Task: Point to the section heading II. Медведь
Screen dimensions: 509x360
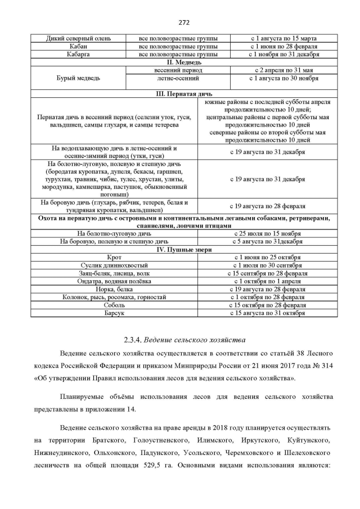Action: (180, 62)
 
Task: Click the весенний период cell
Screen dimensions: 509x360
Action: (178, 70)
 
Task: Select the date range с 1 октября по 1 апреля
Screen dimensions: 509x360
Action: (268, 281)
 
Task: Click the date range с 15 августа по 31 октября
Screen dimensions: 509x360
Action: (268, 312)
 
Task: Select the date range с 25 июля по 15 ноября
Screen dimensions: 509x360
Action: (268, 233)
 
